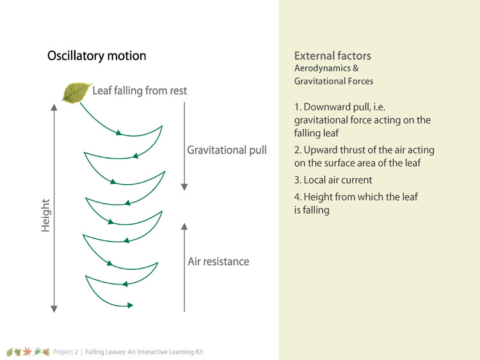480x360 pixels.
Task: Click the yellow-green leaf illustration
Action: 77,93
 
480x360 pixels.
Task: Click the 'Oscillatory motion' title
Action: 97,56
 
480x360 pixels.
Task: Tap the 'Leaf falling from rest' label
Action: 140,91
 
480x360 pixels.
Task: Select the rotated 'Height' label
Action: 45,215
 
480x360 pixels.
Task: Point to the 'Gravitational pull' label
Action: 227,150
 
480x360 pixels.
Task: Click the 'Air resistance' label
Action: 219,262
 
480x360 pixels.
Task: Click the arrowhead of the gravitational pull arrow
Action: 184,187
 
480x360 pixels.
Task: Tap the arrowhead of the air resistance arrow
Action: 184,226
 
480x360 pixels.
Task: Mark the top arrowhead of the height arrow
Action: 54,107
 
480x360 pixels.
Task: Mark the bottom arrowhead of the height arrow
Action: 54,309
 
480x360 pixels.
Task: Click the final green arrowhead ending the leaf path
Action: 130,305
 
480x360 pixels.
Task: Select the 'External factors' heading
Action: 333,56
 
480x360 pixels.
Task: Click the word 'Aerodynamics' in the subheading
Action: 323,68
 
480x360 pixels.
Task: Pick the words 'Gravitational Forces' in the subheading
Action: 333,81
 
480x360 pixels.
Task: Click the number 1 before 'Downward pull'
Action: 297,107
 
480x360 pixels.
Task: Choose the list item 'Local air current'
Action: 333,180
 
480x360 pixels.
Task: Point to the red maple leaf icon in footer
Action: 28,352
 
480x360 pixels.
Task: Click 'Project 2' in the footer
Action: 65,352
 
